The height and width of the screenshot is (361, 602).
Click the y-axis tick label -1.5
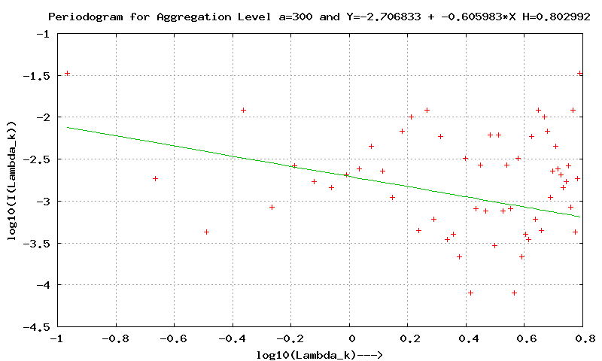pos(38,76)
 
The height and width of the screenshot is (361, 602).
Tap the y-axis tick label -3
pos(43,202)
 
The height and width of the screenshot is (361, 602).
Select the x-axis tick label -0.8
pos(115,338)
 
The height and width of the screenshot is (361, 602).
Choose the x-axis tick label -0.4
pos(233,338)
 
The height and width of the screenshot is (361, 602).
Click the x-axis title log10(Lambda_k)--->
pos(321,353)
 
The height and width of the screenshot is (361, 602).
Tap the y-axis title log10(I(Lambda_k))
pos(12,180)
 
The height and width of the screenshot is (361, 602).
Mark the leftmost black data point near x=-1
pos(67,73)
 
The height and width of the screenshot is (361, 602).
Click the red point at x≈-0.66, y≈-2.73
pos(155,178)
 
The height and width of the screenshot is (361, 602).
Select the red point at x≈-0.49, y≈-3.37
pos(206,232)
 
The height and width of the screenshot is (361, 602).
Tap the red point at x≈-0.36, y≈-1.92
pos(244,110)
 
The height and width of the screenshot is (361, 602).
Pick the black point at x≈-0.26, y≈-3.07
pos(272,207)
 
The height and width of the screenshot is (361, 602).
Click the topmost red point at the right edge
pos(580,73)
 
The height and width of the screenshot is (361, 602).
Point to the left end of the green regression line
pos(67,127)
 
